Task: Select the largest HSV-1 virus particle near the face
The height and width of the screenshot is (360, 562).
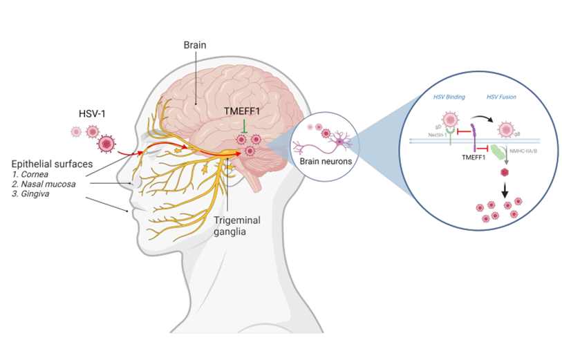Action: (106, 144)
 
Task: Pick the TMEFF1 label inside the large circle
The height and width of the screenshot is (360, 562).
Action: (475, 158)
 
